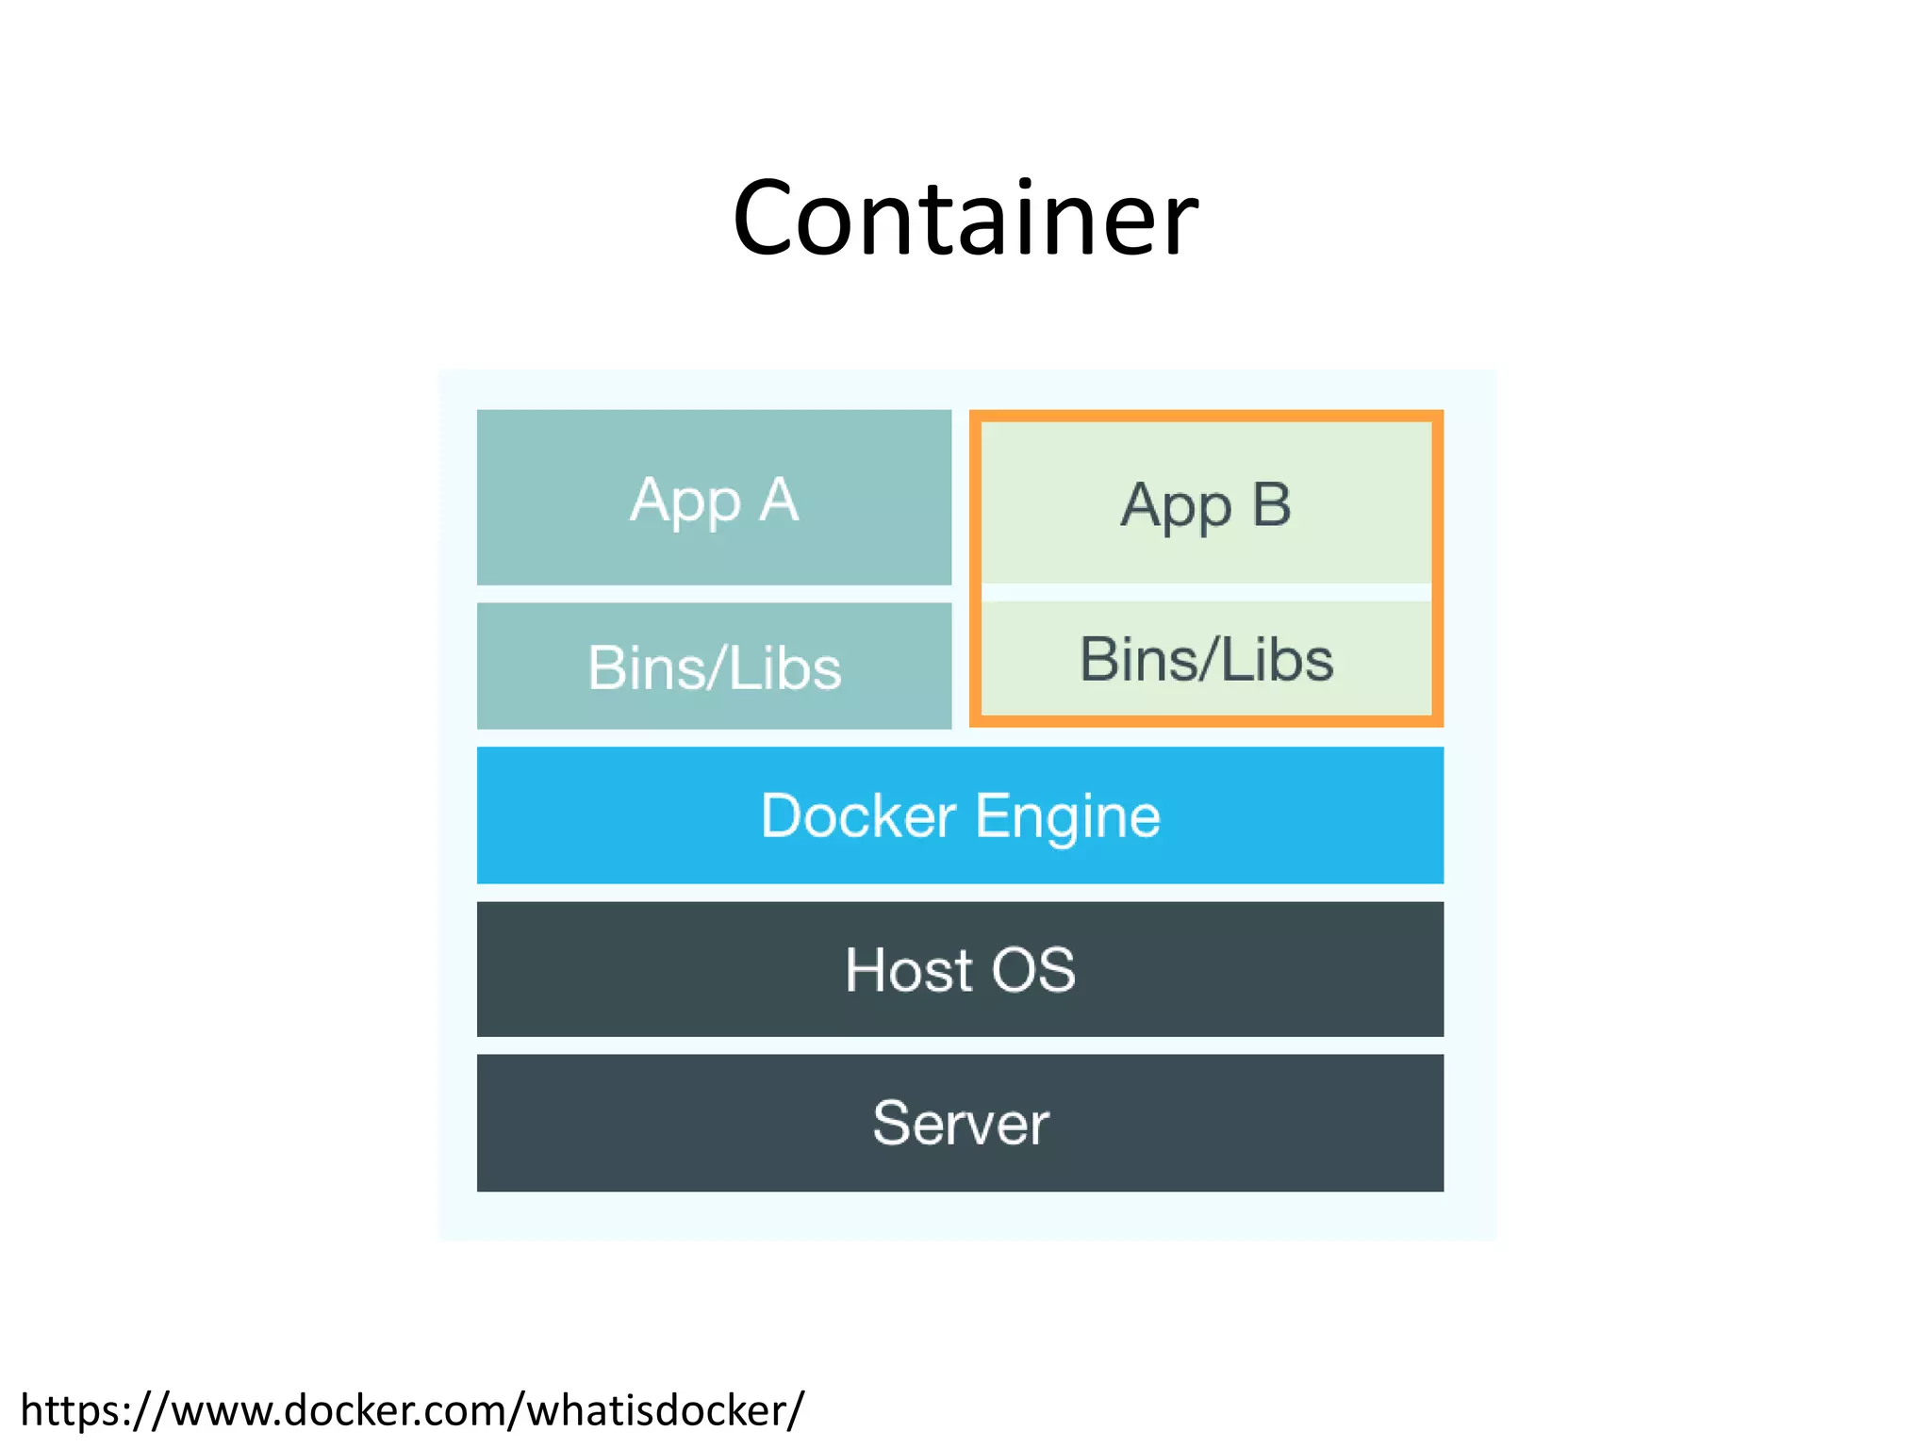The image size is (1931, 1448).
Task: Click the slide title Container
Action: pyautogui.click(x=965, y=219)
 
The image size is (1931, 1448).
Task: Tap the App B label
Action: pyautogui.click(x=1205, y=505)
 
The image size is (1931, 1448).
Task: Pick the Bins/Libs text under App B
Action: pyautogui.click(x=1205, y=659)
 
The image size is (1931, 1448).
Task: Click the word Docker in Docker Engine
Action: pyautogui.click(x=858, y=815)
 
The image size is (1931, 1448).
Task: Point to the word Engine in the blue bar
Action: pyautogui.click(x=1067, y=817)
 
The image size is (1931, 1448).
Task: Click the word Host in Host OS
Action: pyautogui.click(x=908, y=970)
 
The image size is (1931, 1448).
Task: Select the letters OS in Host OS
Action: pyautogui.click(x=1033, y=970)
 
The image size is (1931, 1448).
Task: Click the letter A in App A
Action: pyautogui.click(x=780, y=500)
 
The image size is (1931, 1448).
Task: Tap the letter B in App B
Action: pyautogui.click(x=1271, y=504)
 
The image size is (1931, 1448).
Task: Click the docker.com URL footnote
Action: pyautogui.click(x=411, y=1410)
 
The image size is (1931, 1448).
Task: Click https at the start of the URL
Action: pyautogui.click(x=71, y=1411)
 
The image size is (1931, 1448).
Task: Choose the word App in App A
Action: pyautogui.click(x=685, y=502)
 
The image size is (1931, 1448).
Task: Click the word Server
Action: pyautogui.click(x=960, y=1123)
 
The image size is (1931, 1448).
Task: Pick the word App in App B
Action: pyautogui.click(x=1176, y=507)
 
